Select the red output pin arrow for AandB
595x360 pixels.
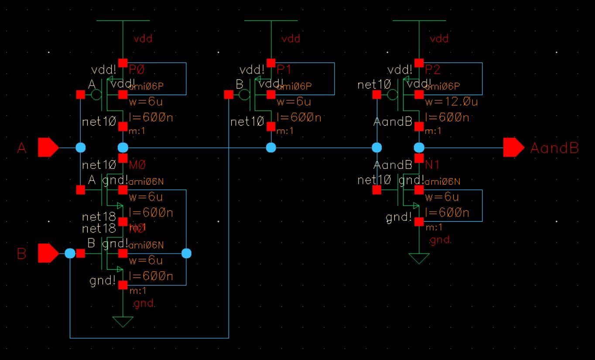point(513,147)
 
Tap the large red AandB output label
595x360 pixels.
point(554,148)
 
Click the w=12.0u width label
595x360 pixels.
point(451,102)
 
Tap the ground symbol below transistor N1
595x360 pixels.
point(419,258)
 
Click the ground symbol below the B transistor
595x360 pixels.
point(123,322)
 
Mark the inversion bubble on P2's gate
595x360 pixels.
point(393,94)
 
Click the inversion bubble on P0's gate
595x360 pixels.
point(96,94)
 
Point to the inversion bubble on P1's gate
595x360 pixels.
point(244,94)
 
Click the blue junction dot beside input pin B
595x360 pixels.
point(70,254)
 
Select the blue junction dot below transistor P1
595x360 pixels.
point(271,147)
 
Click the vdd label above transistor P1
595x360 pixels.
point(291,39)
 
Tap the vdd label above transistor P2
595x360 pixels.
point(439,39)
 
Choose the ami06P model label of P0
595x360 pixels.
point(146,86)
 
